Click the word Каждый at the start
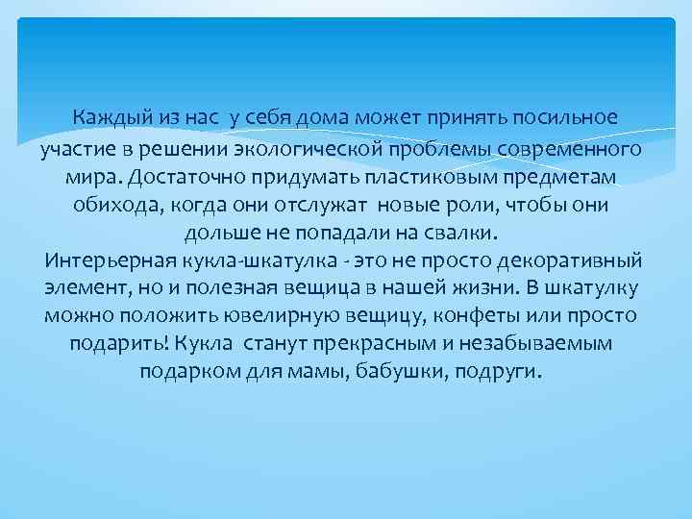click(x=113, y=118)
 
